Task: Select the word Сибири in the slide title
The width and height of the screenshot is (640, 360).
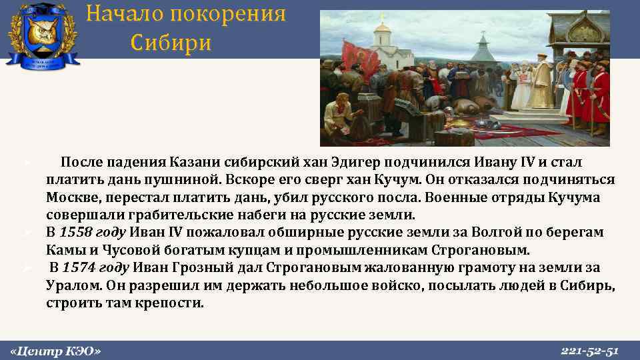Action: [x=171, y=43]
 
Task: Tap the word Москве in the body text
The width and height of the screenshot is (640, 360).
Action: [x=70, y=198]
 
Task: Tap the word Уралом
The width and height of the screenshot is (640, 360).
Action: [x=70, y=285]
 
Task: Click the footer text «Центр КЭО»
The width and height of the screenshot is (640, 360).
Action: [x=57, y=351]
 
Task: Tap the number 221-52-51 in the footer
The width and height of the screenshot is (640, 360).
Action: [x=590, y=351]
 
